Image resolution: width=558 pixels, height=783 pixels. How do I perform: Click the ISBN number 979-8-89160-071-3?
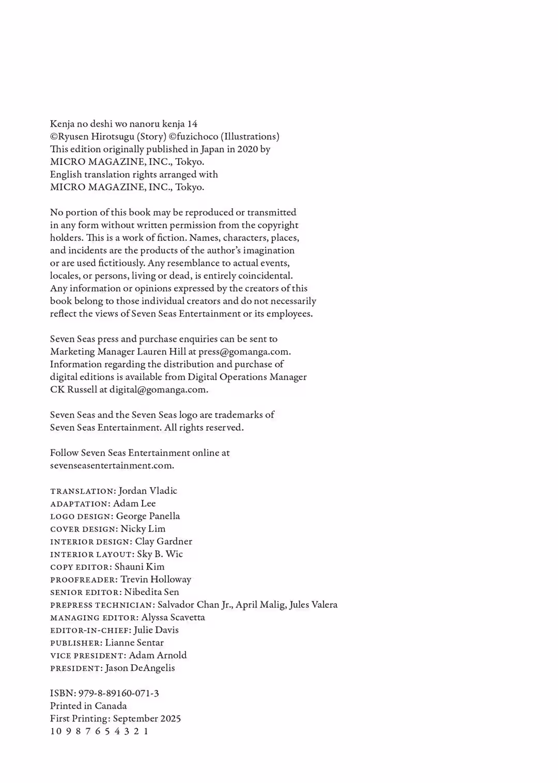[x=118, y=693]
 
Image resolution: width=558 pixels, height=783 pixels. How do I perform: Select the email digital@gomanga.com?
[x=158, y=389]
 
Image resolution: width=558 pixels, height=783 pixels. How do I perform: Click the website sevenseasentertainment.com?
[x=112, y=465]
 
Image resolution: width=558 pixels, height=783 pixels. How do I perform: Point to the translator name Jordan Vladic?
[x=148, y=491]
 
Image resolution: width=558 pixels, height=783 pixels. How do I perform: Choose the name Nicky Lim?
[x=143, y=529]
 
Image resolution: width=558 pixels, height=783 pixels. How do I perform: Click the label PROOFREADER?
[x=83, y=580]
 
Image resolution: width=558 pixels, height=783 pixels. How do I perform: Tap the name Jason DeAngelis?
[x=140, y=668]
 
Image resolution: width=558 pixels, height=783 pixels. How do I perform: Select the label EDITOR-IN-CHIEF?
[x=89, y=631]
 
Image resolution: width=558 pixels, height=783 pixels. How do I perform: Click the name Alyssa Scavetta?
[x=173, y=617]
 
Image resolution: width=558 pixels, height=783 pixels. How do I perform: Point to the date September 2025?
[x=147, y=718]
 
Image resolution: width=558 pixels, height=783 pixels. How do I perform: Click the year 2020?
[x=247, y=149]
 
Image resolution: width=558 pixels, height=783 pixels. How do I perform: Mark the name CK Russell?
[x=73, y=389]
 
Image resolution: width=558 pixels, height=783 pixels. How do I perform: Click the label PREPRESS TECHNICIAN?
[x=102, y=605]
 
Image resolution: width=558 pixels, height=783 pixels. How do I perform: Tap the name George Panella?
[x=148, y=516]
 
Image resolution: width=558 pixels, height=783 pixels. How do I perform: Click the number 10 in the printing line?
[x=56, y=731]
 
